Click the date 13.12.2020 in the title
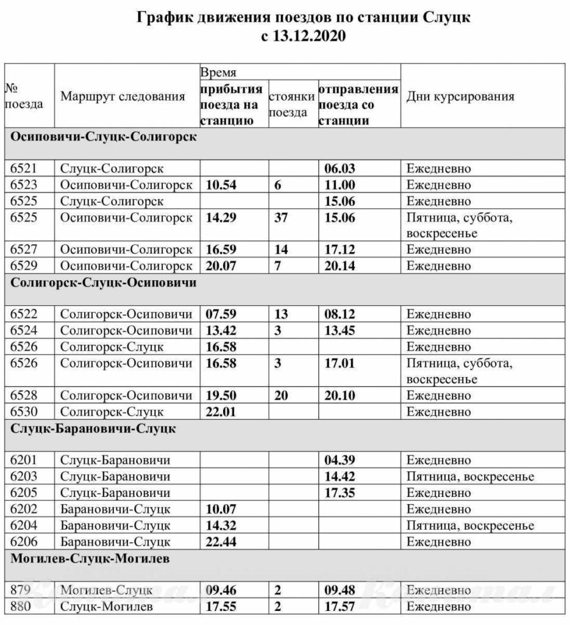[x=311, y=37]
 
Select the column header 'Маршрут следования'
[x=123, y=96]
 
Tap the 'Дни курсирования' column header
[x=460, y=96]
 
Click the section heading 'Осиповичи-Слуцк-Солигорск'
[x=104, y=137]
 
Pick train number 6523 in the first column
[x=25, y=185]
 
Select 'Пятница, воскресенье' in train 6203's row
[x=470, y=477]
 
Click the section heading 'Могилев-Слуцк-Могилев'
[x=90, y=558]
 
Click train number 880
[x=21, y=607]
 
